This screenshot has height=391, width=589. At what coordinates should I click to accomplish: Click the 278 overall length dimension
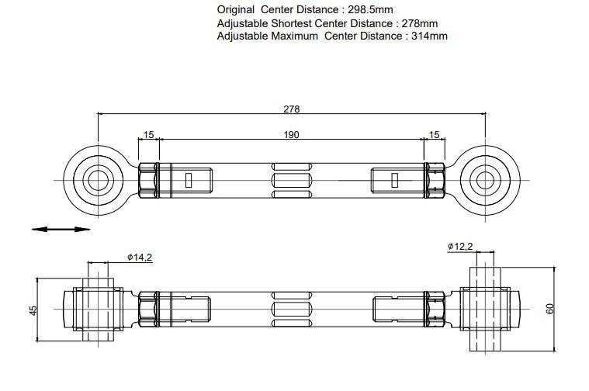(x=292, y=109)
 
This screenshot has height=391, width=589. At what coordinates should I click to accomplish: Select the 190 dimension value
(x=292, y=135)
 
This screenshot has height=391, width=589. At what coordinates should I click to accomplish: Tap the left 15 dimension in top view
(x=149, y=135)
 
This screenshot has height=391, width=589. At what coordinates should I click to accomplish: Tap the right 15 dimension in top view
(x=434, y=135)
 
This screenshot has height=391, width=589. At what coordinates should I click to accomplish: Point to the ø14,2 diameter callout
(x=140, y=258)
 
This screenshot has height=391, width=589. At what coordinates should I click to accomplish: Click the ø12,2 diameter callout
(x=460, y=247)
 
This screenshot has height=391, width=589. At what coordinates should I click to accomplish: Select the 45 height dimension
(x=34, y=310)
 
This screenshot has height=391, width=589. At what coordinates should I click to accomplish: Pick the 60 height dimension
(x=550, y=309)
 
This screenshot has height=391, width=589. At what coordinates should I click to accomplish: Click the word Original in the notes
(x=236, y=9)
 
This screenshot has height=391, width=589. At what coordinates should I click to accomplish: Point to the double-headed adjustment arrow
(x=61, y=229)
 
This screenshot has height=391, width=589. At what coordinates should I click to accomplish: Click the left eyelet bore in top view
(x=98, y=180)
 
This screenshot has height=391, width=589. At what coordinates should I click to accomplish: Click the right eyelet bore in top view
(x=485, y=180)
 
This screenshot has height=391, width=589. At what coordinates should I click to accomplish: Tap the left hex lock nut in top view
(x=147, y=180)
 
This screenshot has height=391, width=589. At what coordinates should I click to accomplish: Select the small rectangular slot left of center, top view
(x=189, y=180)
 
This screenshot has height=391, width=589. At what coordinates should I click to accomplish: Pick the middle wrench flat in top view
(x=292, y=180)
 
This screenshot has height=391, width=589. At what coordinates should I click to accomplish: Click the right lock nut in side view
(x=435, y=309)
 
